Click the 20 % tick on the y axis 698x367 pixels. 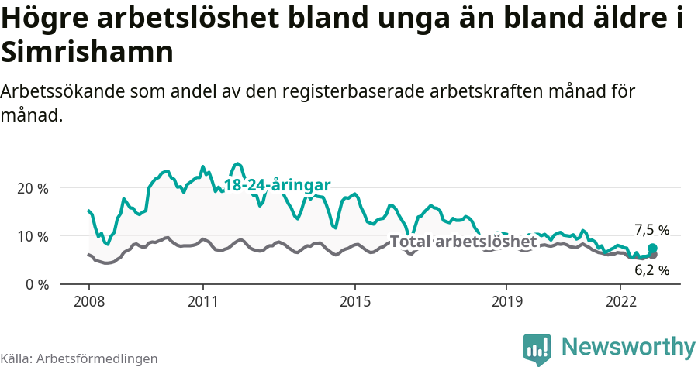coord(32,188)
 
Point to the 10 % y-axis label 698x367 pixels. coord(32,236)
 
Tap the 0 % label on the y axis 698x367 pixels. coord(36,284)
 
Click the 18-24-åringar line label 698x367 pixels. coord(278,185)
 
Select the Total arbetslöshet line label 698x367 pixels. coord(463,242)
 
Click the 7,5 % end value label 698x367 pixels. coord(651,229)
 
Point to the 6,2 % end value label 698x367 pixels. coord(651,270)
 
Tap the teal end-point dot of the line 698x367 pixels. coord(652,248)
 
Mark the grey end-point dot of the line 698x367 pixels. coord(652,255)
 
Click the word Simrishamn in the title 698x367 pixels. coord(86,53)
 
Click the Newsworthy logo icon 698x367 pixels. coord(537,348)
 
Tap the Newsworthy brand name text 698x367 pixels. coord(628,347)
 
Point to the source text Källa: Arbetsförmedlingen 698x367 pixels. coord(79,358)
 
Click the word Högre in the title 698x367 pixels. coord(43,19)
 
